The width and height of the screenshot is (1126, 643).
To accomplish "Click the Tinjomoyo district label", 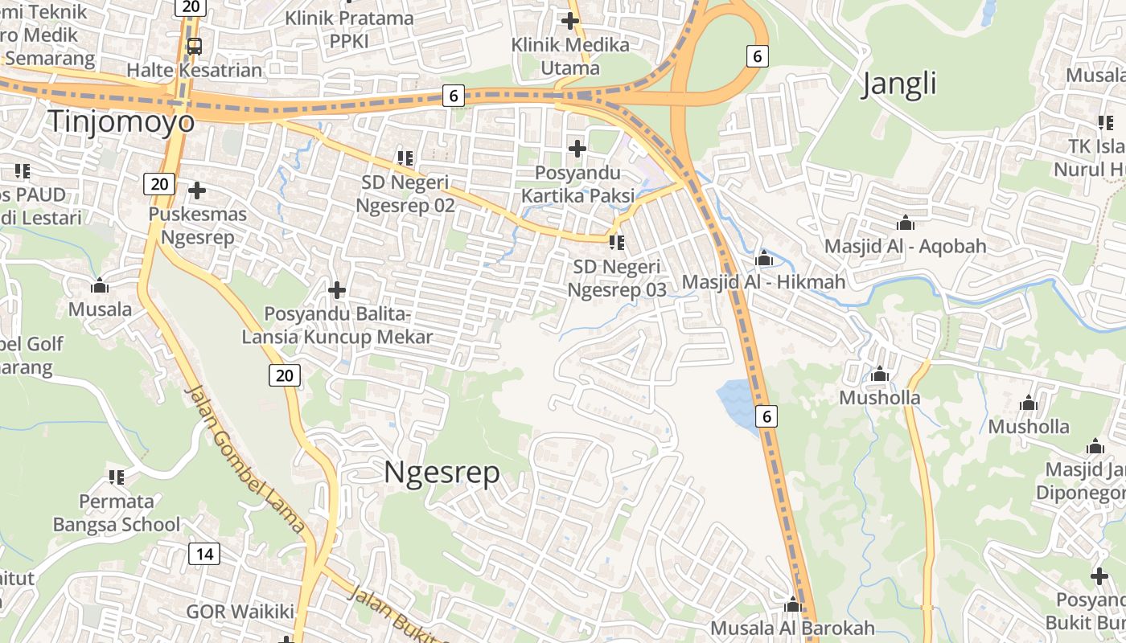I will tap(121, 121).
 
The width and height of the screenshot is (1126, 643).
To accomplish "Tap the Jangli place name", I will tap(899, 84).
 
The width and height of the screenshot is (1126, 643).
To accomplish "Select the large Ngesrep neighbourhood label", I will tap(442, 472).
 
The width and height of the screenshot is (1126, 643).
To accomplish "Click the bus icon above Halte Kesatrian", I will tap(194, 47).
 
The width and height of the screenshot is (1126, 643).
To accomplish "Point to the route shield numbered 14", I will tap(204, 553).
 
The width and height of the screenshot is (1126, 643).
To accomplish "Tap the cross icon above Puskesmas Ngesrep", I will tap(197, 190).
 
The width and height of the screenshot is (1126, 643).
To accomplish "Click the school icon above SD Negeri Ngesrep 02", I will tap(405, 158).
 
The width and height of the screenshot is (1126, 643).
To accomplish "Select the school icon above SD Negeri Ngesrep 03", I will tap(617, 242).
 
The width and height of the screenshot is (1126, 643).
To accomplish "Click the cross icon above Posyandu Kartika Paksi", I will tap(577, 149).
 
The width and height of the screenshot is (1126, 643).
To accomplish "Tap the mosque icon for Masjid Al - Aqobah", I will tap(905, 223).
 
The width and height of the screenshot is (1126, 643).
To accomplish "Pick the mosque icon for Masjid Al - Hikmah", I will tap(764, 259).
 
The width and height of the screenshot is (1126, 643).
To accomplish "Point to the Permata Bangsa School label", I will tap(117, 513).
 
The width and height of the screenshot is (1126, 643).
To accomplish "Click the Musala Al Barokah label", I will tap(792, 628).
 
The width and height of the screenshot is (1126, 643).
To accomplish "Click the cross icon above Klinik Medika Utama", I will tap(570, 21).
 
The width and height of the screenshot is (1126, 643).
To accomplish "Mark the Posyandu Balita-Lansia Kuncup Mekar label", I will tap(337, 326).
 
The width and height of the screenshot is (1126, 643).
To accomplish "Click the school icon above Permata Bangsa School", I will tap(117, 477).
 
